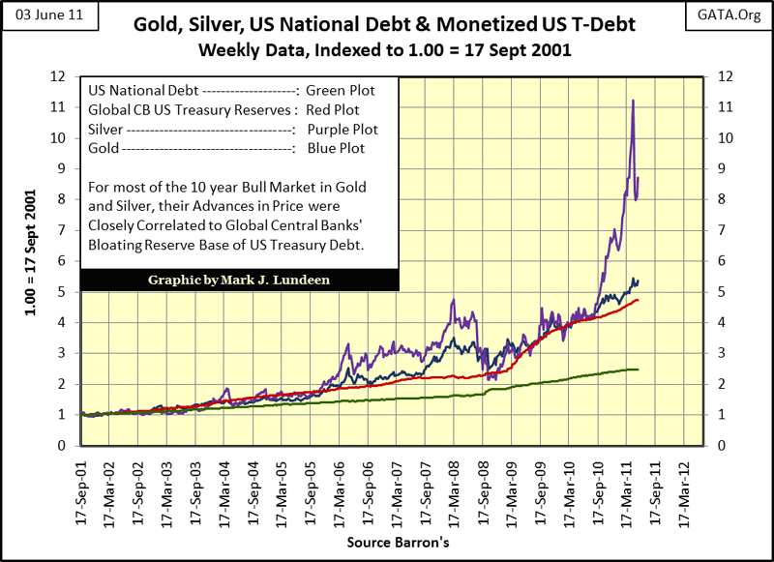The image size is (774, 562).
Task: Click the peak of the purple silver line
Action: click(x=633, y=100)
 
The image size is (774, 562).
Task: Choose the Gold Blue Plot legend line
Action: click(x=224, y=148)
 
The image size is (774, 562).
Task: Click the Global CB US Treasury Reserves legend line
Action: click(x=223, y=110)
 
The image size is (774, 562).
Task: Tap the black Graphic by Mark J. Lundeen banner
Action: click(x=238, y=280)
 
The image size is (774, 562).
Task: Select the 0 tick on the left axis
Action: click(x=60, y=446)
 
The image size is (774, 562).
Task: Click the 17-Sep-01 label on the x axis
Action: click(x=83, y=487)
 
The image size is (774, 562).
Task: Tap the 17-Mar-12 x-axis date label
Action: click(x=683, y=487)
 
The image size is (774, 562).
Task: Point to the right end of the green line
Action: click(x=638, y=369)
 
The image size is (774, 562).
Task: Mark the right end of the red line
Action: click(x=638, y=301)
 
